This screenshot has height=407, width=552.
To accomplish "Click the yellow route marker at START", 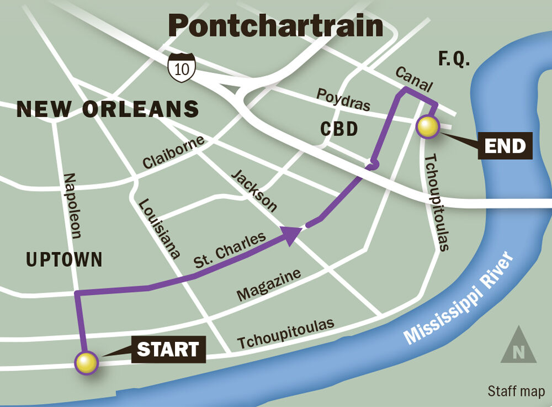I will pos(86,363).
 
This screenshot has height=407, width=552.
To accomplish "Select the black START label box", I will pos(168,350).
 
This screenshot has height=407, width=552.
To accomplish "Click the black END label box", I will pos(505,146).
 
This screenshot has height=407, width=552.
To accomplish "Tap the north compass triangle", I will pos(518,345).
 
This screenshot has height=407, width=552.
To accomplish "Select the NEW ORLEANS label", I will pos(108,109).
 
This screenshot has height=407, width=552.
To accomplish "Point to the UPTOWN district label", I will pos(64,259).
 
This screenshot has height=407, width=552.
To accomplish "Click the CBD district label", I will pos(339,129).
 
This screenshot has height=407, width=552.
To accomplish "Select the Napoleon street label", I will pos(72,205).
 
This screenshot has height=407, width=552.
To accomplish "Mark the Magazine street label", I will pos(269,285).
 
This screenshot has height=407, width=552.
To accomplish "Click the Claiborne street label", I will pos(173,152).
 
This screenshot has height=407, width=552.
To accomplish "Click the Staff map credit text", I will pos(516,392).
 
